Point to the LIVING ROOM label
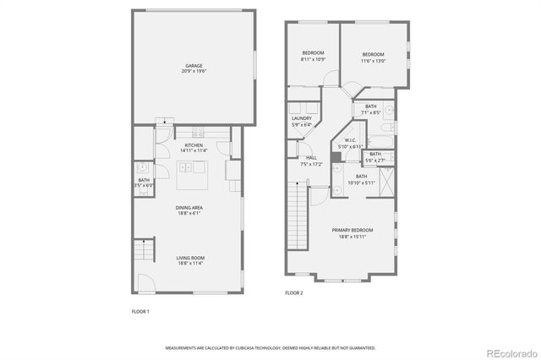[x=189, y=260]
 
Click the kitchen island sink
[x=185, y=168]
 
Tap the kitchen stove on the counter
[x=199, y=132]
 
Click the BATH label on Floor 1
[x=144, y=182]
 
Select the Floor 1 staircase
[x=146, y=251]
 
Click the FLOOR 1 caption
[x=139, y=312]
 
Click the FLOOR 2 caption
[x=293, y=293]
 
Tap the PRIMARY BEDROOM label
[x=356, y=233]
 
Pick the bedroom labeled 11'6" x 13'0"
[x=373, y=57]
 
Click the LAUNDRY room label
[x=302, y=121]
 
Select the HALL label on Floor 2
[x=311, y=161]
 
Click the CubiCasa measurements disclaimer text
[x=270, y=347]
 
